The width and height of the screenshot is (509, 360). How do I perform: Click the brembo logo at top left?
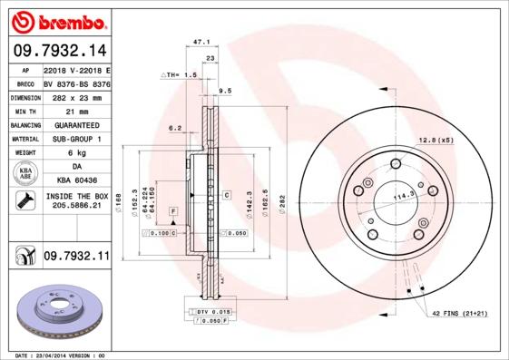click(58, 20)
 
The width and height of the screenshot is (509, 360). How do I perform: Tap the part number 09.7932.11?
click(75, 258)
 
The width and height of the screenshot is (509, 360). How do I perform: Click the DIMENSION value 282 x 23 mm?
click(75, 96)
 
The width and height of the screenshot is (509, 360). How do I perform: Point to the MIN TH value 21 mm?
click(75, 110)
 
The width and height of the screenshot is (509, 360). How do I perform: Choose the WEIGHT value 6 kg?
click(75, 153)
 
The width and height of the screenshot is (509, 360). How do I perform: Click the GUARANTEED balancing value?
click(75, 124)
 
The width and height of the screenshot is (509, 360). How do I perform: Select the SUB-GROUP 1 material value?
click(75, 139)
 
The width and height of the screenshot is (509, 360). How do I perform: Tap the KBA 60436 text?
click(75, 181)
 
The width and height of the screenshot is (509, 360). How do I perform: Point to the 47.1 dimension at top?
click(201, 42)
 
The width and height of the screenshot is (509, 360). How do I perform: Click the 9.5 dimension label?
click(225, 91)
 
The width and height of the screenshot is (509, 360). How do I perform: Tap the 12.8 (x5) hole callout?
click(435, 140)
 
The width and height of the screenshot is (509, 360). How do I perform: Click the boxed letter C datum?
click(225, 195)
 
